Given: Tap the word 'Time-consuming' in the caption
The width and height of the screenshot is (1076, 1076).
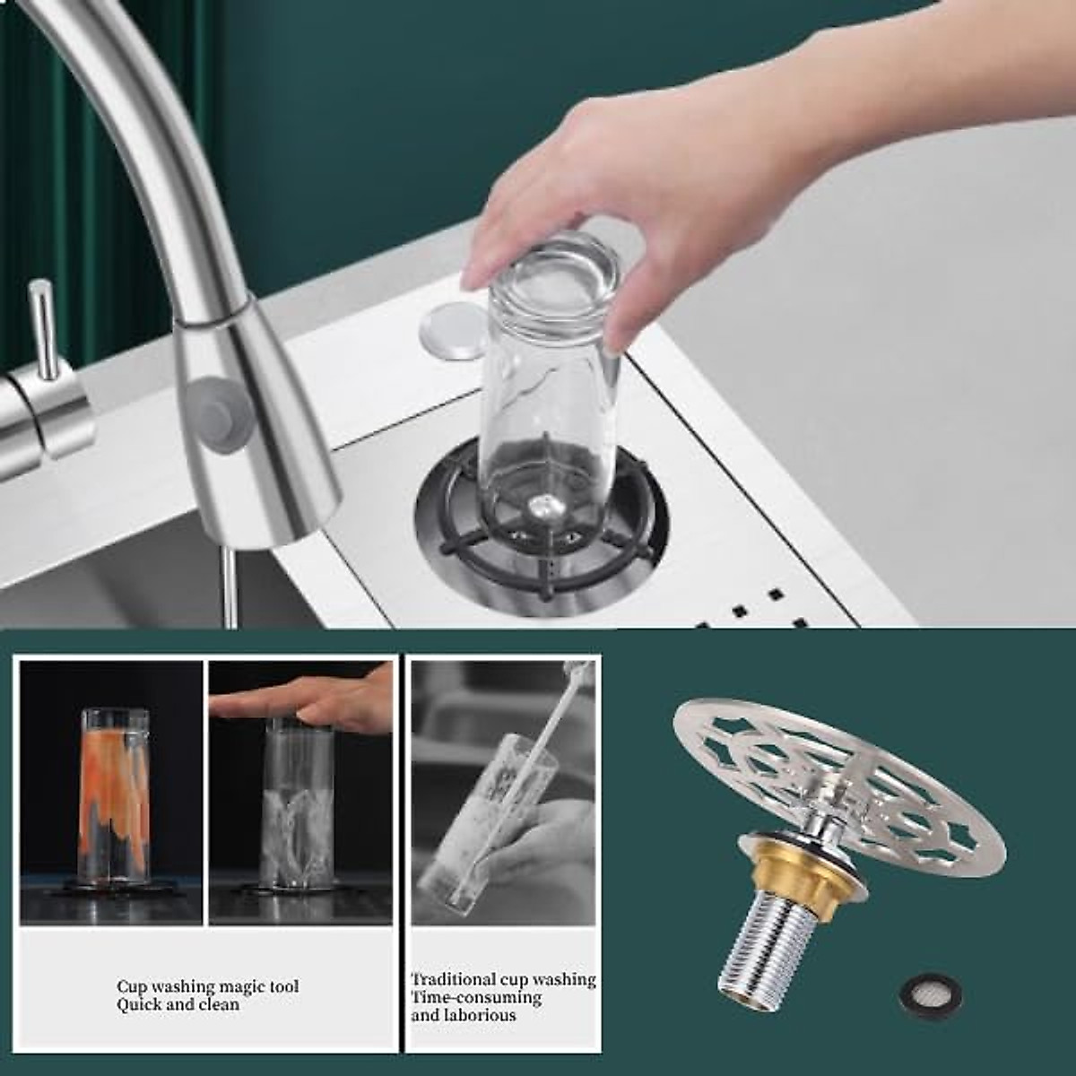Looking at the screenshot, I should click(476, 997).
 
